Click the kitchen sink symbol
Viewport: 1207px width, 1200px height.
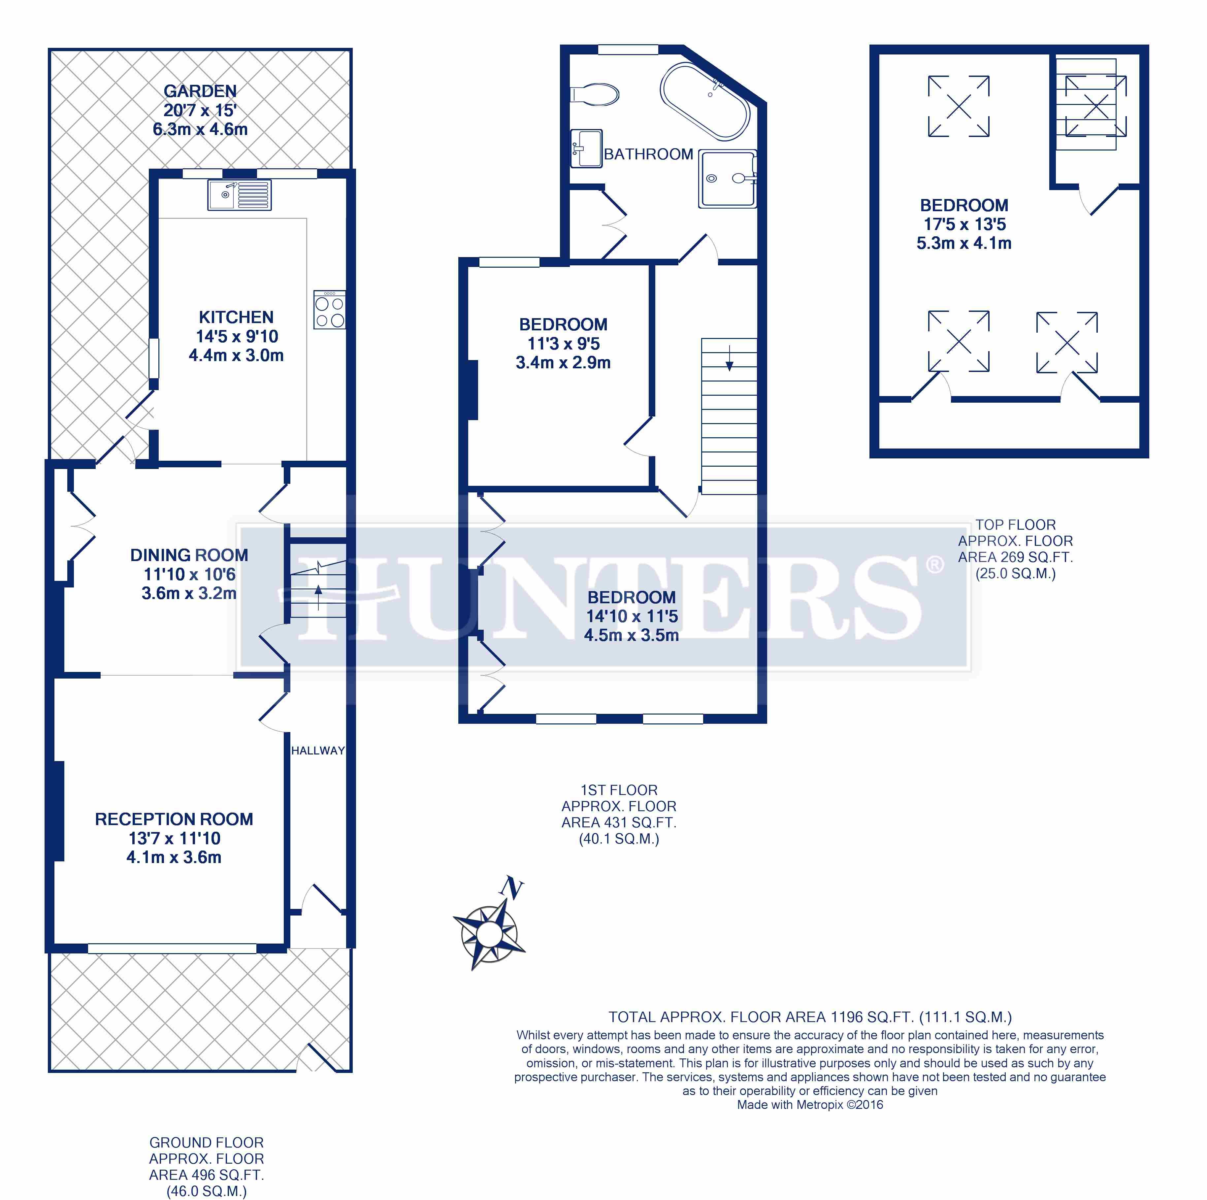tap(239, 195)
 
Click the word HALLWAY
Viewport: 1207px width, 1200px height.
tap(318, 750)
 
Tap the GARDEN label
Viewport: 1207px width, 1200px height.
tap(200, 91)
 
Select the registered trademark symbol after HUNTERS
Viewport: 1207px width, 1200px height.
tap(934, 565)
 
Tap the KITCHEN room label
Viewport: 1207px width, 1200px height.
tap(236, 317)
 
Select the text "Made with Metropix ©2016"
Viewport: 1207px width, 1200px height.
tap(810, 1104)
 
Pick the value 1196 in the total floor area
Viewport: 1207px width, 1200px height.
tap(847, 1017)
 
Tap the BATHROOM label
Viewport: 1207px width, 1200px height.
tap(648, 154)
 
